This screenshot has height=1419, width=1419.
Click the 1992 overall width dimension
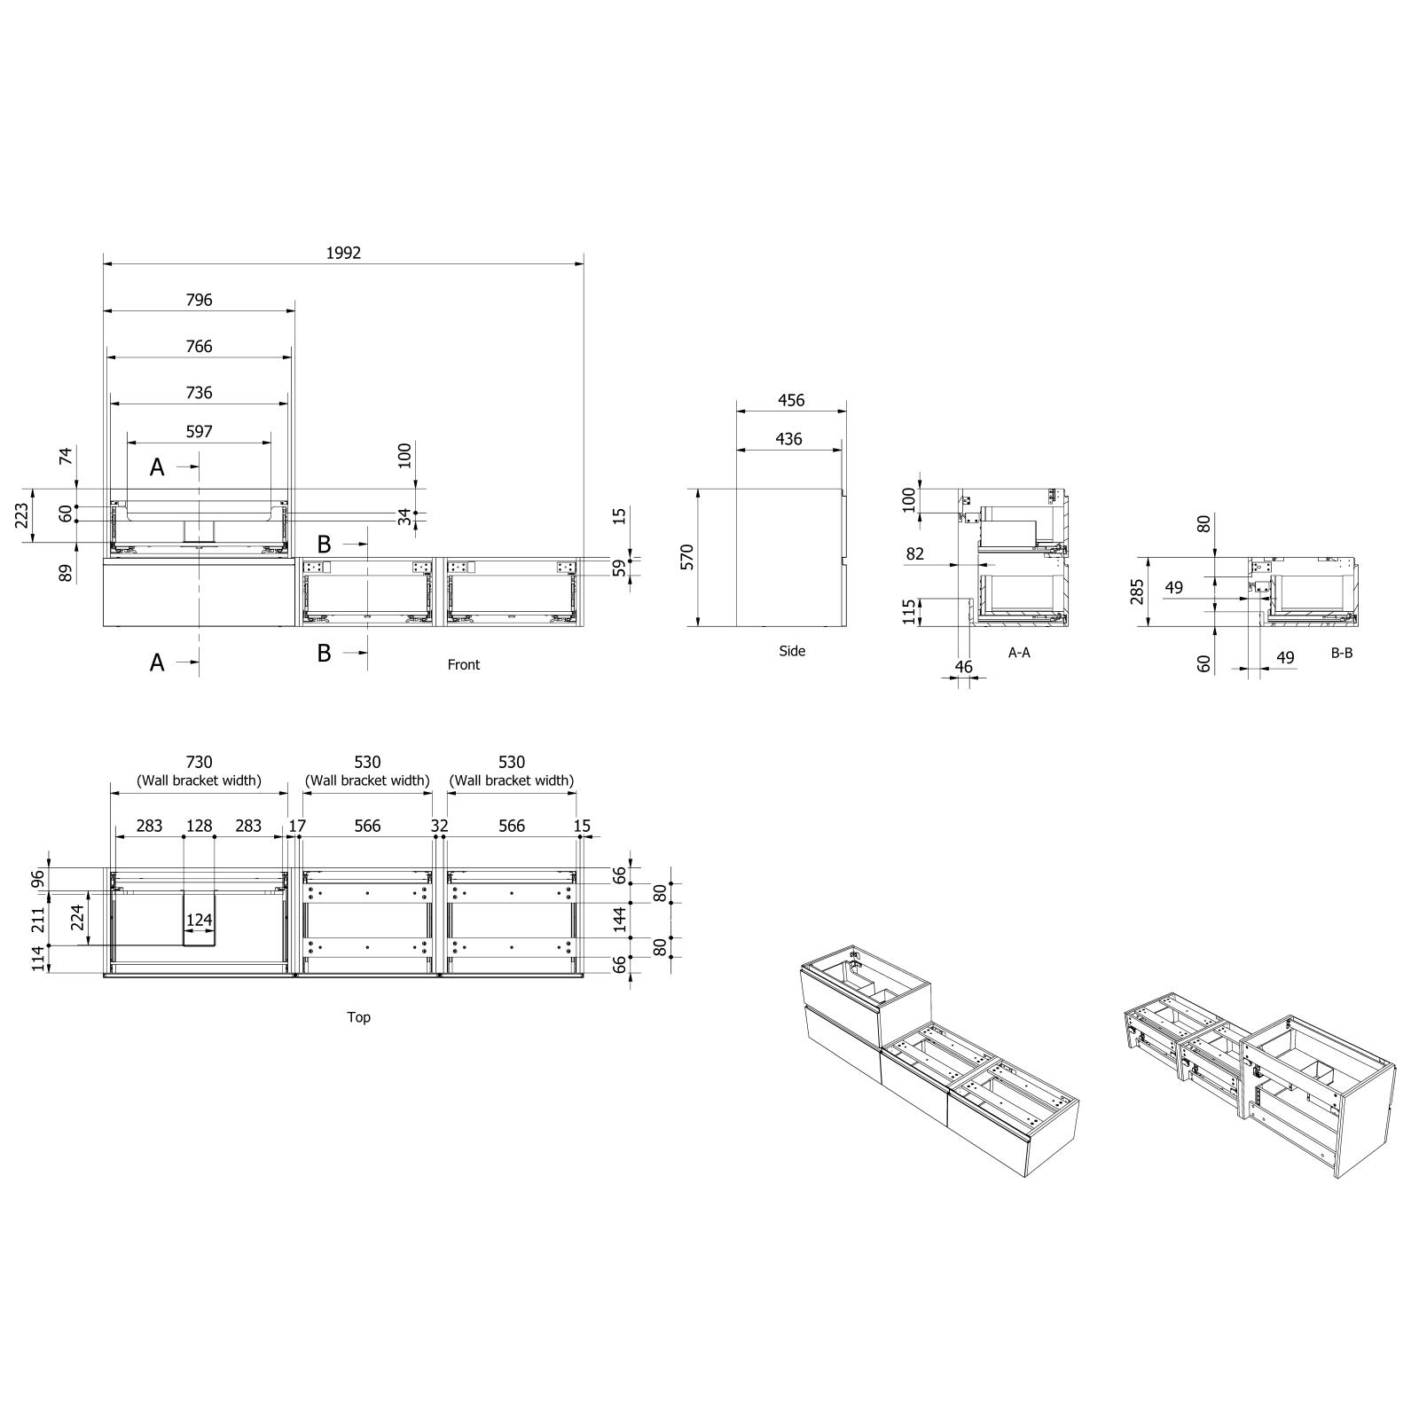click(343, 253)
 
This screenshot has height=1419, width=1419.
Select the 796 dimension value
click(200, 300)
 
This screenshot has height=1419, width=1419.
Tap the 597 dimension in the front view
click(200, 431)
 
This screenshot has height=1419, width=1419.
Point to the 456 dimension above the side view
click(791, 400)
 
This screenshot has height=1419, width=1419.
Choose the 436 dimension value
click(788, 438)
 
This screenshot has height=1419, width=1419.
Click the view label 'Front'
click(463, 664)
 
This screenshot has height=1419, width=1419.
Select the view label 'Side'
click(792, 651)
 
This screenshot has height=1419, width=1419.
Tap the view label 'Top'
click(358, 1016)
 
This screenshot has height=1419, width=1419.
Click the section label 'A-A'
click(1019, 653)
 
